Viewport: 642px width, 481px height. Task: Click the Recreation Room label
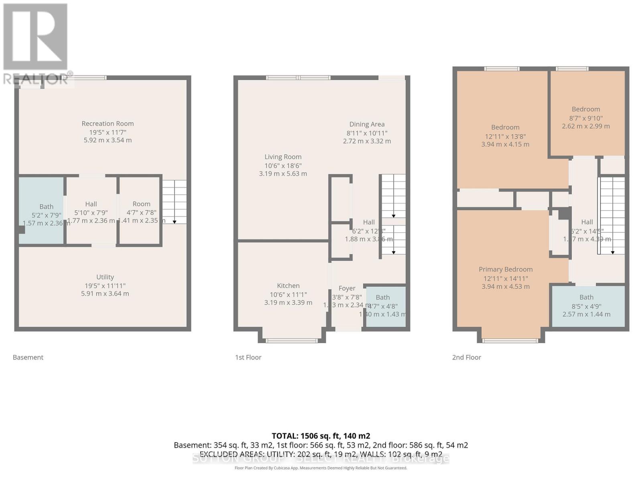tap(108, 124)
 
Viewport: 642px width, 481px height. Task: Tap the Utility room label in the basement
tap(105, 277)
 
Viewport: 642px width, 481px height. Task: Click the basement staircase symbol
tap(174, 202)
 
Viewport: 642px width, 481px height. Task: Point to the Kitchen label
tap(288, 286)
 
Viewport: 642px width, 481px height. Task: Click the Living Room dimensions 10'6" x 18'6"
tap(283, 166)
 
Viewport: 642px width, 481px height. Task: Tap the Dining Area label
tap(367, 124)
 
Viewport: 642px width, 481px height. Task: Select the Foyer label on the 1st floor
tap(347, 288)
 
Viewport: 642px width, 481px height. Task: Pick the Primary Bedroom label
tap(506, 269)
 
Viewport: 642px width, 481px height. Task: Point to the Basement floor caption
tap(28, 357)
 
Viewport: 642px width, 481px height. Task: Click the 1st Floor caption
tap(248, 357)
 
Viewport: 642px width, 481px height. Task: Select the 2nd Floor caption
tap(466, 357)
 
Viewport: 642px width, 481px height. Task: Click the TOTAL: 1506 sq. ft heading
tap(321, 436)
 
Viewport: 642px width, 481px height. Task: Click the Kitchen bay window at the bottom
tap(292, 341)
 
